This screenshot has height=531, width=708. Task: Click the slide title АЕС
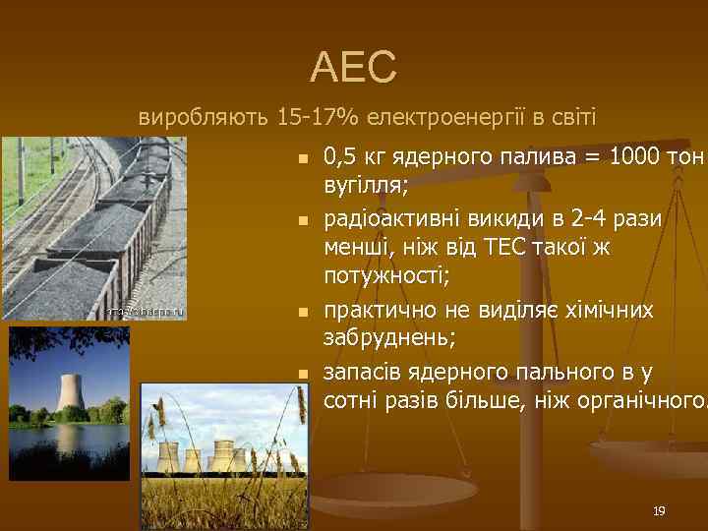tap(354, 67)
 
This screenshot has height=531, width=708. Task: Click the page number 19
tap(659, 511)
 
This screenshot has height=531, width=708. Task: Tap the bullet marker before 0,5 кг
tap(303, 158)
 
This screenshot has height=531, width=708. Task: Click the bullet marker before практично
tap(303, 313)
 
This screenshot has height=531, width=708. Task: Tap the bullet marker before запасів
tap(303, 375)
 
